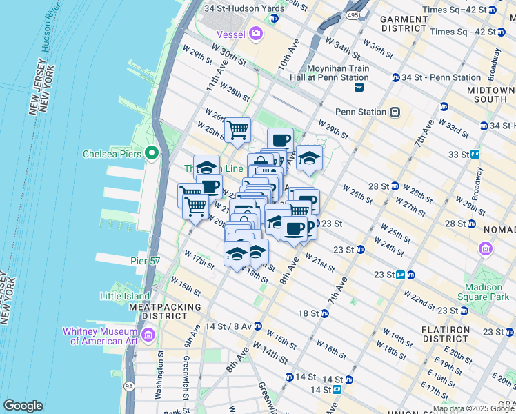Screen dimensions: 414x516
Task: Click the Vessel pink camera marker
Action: tap(257, 32)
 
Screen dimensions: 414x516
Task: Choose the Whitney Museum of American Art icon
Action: tap(148, 336)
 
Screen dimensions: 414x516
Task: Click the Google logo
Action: tap(23, 406)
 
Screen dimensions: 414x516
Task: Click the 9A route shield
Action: tap(129, 386)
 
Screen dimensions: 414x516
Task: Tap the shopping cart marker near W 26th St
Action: tap(237, 130)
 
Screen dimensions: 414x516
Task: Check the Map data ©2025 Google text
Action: tap(472, 408)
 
